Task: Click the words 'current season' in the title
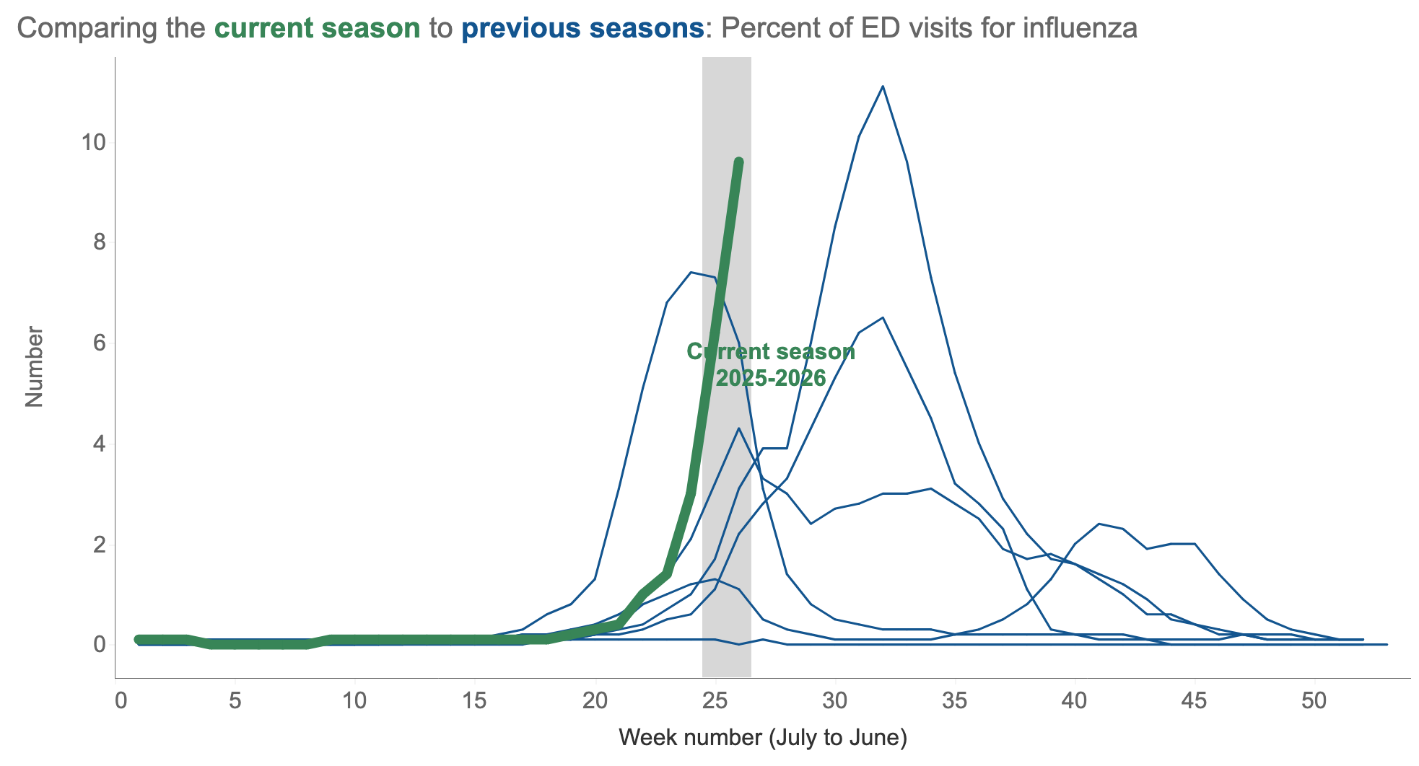[x=318, y=29]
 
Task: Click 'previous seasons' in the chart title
[x=582, y=29]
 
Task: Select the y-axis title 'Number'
[x=34, y=367]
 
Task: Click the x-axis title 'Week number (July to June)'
[x=763, y=737]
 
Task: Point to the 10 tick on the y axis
[x=93, y=142]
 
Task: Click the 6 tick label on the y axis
[x=100, y=343]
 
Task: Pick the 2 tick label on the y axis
[x=100, y=544]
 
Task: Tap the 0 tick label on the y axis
[x=100, y=643]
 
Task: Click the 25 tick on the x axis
[x=715, y=701]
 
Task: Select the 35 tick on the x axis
[x=955, y=701]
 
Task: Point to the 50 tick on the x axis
[x=1314, y=701]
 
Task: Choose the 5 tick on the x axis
[x=235, y=701]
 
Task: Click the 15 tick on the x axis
[x=475, y=701]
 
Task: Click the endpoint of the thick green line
[x=738, y=162]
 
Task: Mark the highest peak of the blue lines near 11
[x=883, y=87]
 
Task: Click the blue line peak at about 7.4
[x=691, y=272]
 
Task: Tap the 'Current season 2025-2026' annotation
[x=771, y=365]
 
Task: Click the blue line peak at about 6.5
[x=883, y=317]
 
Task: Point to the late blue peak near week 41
[x=1099, y=524]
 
